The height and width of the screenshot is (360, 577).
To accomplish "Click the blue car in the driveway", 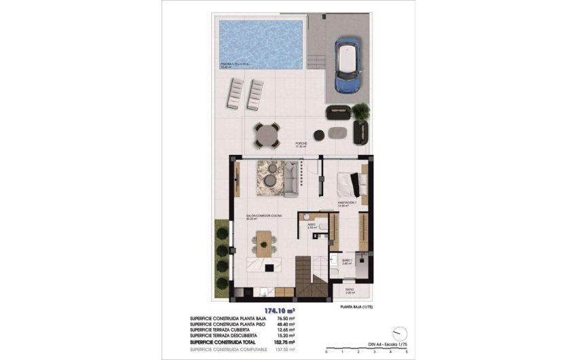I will (x=347, y=66).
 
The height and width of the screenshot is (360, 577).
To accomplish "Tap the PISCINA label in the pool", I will (x=235, y=65).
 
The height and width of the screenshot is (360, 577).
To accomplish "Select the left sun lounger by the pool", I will (x=235, y=93).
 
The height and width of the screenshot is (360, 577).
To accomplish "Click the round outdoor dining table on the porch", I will (x=267, y=134).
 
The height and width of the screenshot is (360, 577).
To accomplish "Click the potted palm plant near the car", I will (x=360, y=111).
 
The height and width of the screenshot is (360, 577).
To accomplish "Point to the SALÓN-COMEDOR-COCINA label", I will (x=264, y=216).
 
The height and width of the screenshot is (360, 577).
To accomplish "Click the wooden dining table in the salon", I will (x=264, y=242).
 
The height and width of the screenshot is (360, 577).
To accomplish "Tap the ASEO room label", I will (x=311, y=224).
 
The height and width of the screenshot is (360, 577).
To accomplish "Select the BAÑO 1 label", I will (x=346, y=261).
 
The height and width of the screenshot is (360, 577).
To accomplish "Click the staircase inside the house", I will (x=312, y=278).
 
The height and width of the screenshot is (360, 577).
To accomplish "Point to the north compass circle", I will (x=401, y=334).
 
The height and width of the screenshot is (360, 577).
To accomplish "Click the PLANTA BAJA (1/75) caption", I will (x=360, y=307).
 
